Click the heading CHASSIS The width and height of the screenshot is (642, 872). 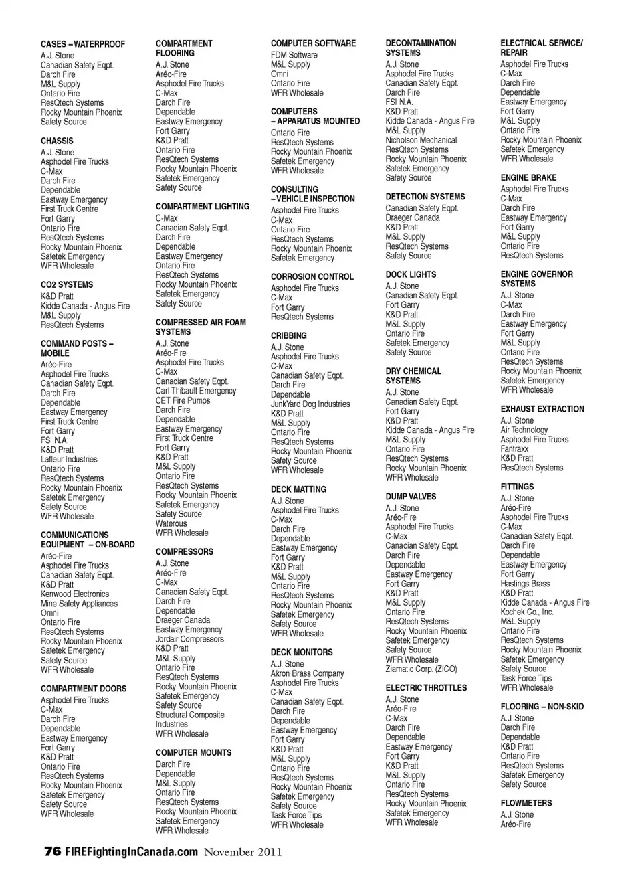pos(57,141)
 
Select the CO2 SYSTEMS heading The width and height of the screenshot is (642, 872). pos(67,285)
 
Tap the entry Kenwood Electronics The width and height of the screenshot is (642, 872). pos(74,594)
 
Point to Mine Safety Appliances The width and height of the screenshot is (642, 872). pos(79,604)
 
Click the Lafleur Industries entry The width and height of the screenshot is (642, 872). pos(69,460)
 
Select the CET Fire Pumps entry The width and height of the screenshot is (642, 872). pos(183,401)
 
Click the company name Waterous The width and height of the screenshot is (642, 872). pos(171,524)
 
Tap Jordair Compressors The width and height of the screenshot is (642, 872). pos(190,640)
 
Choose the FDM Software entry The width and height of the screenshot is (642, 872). pos(294,55)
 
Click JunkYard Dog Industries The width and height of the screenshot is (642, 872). pos(310,404)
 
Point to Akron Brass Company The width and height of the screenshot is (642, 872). pos(307,674)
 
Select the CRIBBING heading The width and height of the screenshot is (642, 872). pos(289,336)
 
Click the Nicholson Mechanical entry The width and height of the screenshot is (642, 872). pos(421,141)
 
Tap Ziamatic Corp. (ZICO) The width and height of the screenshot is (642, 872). pos(421,669)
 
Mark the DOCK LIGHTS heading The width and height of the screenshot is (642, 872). pos(411,275)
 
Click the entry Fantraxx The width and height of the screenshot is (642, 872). pos(514,449)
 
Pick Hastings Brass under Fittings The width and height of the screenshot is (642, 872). pos(525,584)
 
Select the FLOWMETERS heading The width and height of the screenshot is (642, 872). pos(526,804)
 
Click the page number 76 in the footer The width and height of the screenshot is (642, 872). pos(52,852)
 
